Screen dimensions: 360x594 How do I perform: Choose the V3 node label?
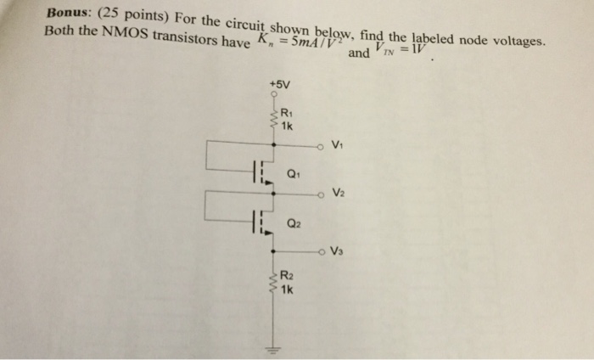339,250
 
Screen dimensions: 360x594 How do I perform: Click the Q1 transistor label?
294,176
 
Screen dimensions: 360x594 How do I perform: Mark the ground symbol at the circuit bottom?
273,348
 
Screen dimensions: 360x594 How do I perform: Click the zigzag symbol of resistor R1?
273,118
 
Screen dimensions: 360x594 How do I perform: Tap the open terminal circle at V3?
322,250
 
